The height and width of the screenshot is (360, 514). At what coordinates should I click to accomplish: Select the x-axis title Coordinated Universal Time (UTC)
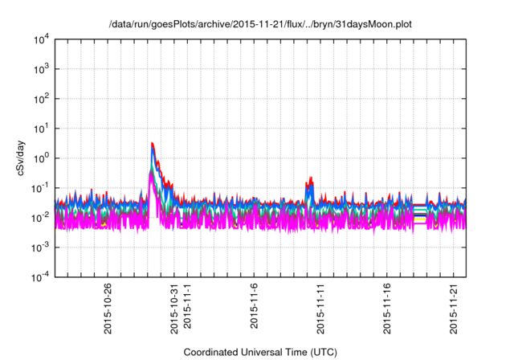[x=259, y=353]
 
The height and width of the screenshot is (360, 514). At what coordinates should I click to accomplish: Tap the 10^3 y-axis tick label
[x=42, y=69]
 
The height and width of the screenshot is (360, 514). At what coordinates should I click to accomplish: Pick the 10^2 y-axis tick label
[x=42, y=98]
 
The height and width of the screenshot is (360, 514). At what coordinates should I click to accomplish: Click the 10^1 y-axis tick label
[x=42, y=128]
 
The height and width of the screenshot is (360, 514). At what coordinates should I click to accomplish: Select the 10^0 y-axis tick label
[x=42, y=157]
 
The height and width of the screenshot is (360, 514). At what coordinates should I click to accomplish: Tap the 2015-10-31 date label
[x=174, y=309]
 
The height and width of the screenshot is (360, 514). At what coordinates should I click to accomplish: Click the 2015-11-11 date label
[x=320, y=309]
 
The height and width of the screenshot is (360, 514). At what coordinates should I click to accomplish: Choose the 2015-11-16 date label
[x=387, y=309]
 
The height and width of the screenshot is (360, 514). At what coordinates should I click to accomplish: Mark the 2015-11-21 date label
[x=453, y=309]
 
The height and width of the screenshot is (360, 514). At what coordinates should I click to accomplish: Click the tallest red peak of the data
[x=152, y=144]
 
